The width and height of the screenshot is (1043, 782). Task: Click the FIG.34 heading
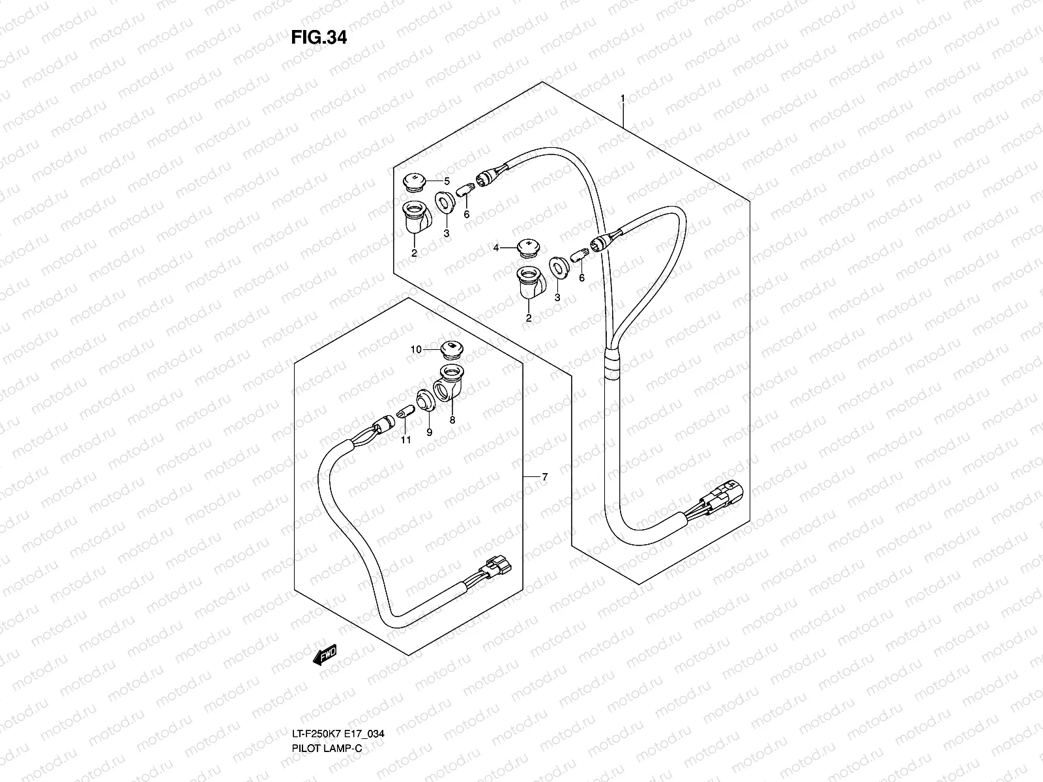tap(319, 38)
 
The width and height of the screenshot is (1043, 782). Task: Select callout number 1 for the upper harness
tap(623, 99)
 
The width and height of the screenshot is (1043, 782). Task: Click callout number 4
tap(496, 248)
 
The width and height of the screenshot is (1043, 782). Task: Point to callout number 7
tap(544, 478)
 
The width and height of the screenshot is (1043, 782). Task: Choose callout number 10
tap(416, 350)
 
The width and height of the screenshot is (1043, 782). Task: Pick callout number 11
tap(406, 441)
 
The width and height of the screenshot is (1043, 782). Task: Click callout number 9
tap(430, 431)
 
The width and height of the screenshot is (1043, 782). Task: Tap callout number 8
tap(452, 420)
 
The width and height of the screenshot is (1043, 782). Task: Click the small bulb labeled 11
tap(403, 413)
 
